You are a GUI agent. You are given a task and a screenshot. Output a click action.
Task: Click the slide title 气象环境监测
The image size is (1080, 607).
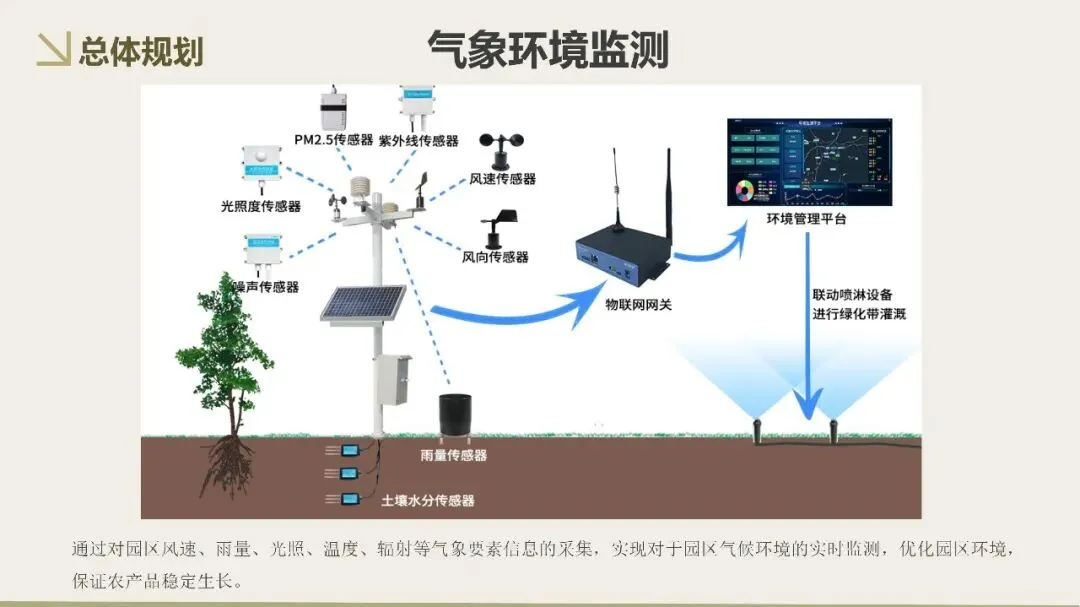[547, 48]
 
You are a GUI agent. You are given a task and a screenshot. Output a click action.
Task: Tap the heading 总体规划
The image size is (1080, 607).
[140, 50]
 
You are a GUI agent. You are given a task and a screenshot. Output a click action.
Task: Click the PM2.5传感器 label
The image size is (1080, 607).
[333, 140]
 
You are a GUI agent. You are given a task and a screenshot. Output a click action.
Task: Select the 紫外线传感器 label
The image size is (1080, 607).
[418, 141]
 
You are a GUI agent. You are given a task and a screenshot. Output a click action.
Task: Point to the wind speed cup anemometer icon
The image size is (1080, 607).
[500, 149]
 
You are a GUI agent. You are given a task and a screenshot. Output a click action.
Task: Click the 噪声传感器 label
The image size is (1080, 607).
[265, 287]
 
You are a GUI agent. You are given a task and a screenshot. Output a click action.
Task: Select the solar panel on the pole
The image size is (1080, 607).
[363, 303]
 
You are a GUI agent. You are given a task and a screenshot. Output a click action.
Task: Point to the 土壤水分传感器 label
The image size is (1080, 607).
[427, 500]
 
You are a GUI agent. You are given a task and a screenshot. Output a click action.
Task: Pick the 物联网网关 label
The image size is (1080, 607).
[638, 303]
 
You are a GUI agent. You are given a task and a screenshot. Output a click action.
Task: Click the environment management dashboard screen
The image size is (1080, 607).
[809, 162]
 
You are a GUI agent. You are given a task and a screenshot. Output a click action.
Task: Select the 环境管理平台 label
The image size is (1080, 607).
[806, 219]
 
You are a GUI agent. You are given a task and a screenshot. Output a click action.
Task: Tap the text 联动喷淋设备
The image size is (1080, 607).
[852, 295]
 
